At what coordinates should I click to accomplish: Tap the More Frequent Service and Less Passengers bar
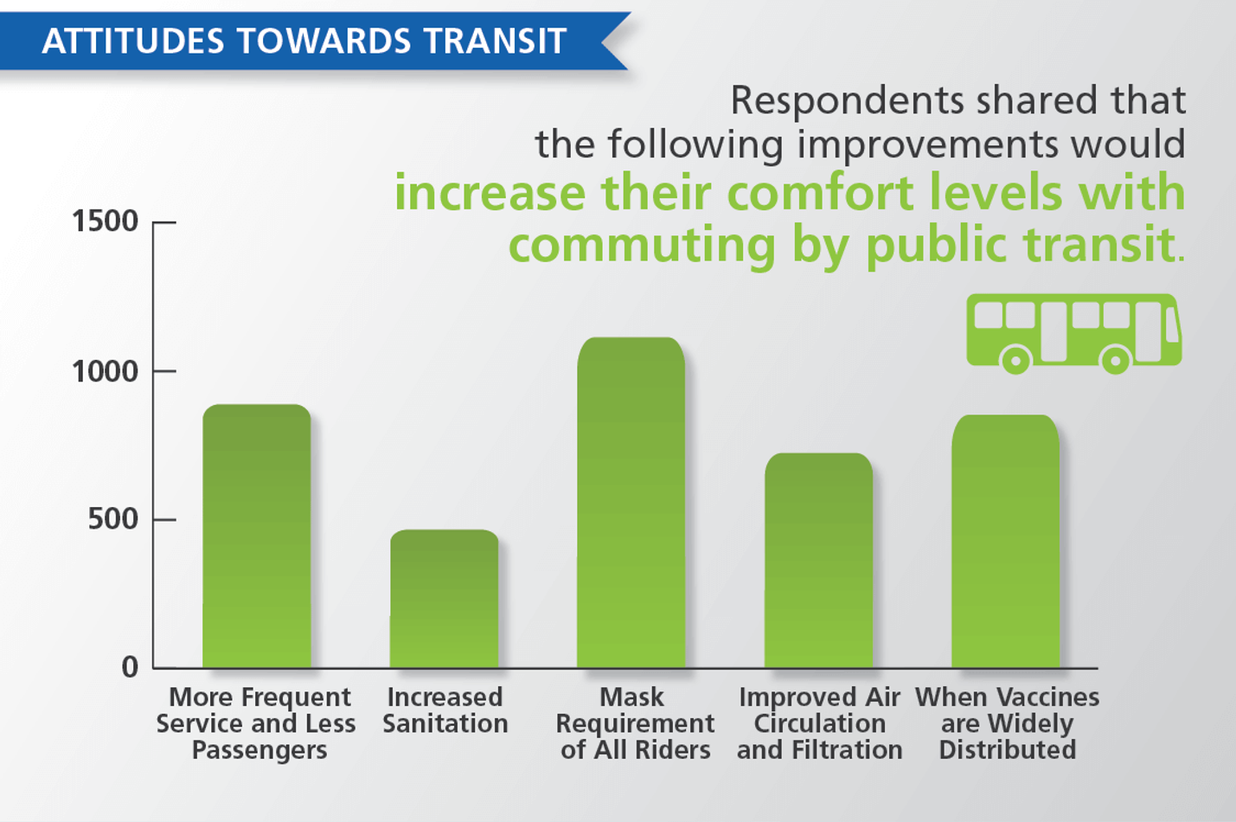(257, 536)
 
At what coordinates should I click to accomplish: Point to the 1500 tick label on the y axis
(105, 222)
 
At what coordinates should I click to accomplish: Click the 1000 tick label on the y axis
(105, 372)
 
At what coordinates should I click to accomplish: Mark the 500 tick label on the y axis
(112, 519)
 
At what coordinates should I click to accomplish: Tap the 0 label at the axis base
(130, 667)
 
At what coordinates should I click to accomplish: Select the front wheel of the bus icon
(1115, 359)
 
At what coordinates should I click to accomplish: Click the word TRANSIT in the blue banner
(494, 41)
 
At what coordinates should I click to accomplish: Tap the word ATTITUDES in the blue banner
(133, 41)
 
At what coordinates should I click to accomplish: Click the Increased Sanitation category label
(445, 710)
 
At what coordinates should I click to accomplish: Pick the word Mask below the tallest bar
(631, 697)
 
